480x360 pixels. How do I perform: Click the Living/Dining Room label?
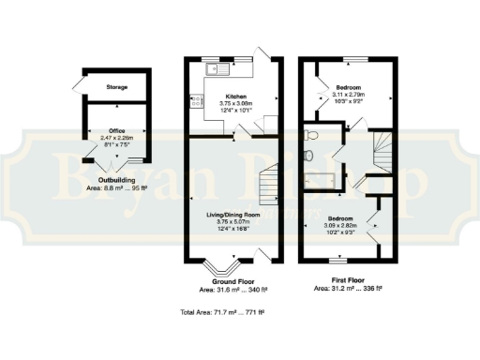click(232, 215)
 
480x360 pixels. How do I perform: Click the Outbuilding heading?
click(117, 180)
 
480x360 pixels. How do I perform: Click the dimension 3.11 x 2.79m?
click(349, 96)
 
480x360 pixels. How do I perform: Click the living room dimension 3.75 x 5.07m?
click(232, 221)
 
